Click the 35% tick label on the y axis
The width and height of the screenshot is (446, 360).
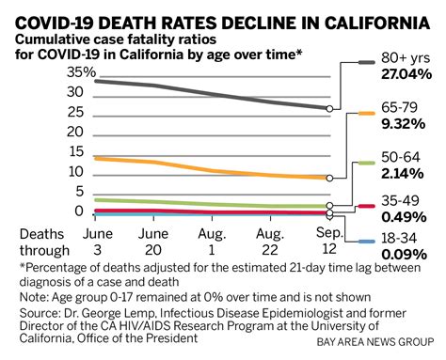click(81, 72)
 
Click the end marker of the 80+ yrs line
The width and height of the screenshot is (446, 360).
click(327, 108)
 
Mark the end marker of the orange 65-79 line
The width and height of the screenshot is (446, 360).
click(327, 177)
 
